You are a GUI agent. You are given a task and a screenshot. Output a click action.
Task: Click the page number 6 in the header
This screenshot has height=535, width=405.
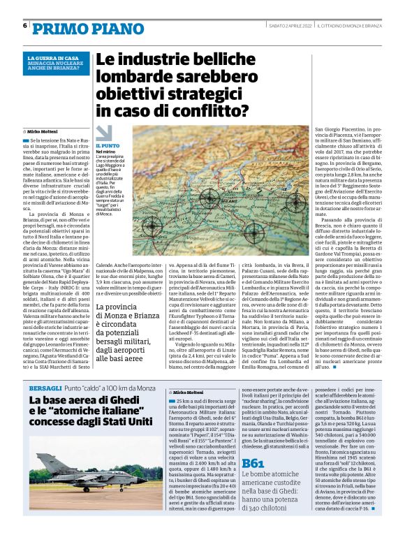[x=25, y=26]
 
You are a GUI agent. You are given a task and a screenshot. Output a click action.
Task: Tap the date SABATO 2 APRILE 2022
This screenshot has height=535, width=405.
[x=289, y=26]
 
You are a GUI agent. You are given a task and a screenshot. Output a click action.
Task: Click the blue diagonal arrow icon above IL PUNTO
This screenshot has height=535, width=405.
[x=103, y=133]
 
